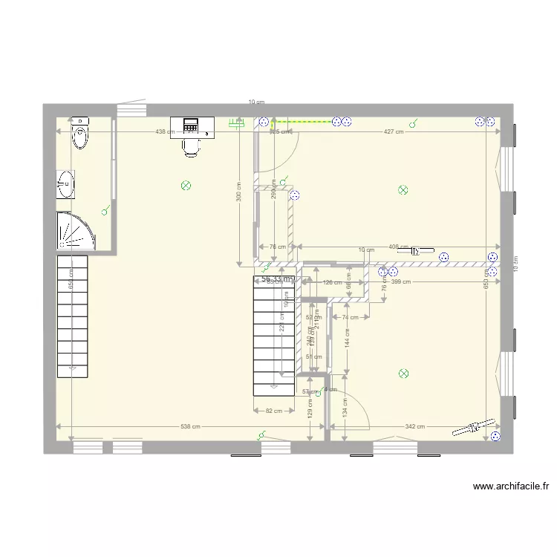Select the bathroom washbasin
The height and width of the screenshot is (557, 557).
(66, 183)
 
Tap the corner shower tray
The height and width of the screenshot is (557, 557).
(75, 231)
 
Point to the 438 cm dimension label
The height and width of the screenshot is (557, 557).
(165, 132)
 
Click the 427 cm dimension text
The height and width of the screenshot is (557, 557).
(393, 132)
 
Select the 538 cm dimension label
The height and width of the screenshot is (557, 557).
(191, 426)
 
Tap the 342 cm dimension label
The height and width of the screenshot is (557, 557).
(415, 426)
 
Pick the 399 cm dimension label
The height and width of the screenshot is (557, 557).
(400, 282)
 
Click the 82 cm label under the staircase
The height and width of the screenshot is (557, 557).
(273, 411)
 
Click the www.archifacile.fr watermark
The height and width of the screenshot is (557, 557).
(511, 487)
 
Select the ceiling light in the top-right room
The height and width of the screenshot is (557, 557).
(403, 190)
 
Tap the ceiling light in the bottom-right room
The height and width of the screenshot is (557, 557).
(403, 374)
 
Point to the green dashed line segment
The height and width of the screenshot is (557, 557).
(301, 121)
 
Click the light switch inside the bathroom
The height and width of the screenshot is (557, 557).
(106, 210)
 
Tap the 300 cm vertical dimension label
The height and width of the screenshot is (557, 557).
(238, 192)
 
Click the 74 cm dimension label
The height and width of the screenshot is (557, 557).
(351, 317)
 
